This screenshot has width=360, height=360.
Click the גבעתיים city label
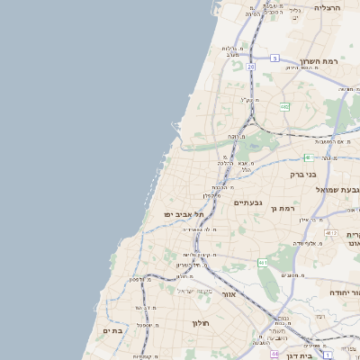247,202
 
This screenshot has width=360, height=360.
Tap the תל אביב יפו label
184,214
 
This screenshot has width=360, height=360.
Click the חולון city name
200,322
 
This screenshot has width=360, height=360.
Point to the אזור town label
228,294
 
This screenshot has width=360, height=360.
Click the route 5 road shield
274,58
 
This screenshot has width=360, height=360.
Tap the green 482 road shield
284,106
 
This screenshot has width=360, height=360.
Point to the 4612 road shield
332,233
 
